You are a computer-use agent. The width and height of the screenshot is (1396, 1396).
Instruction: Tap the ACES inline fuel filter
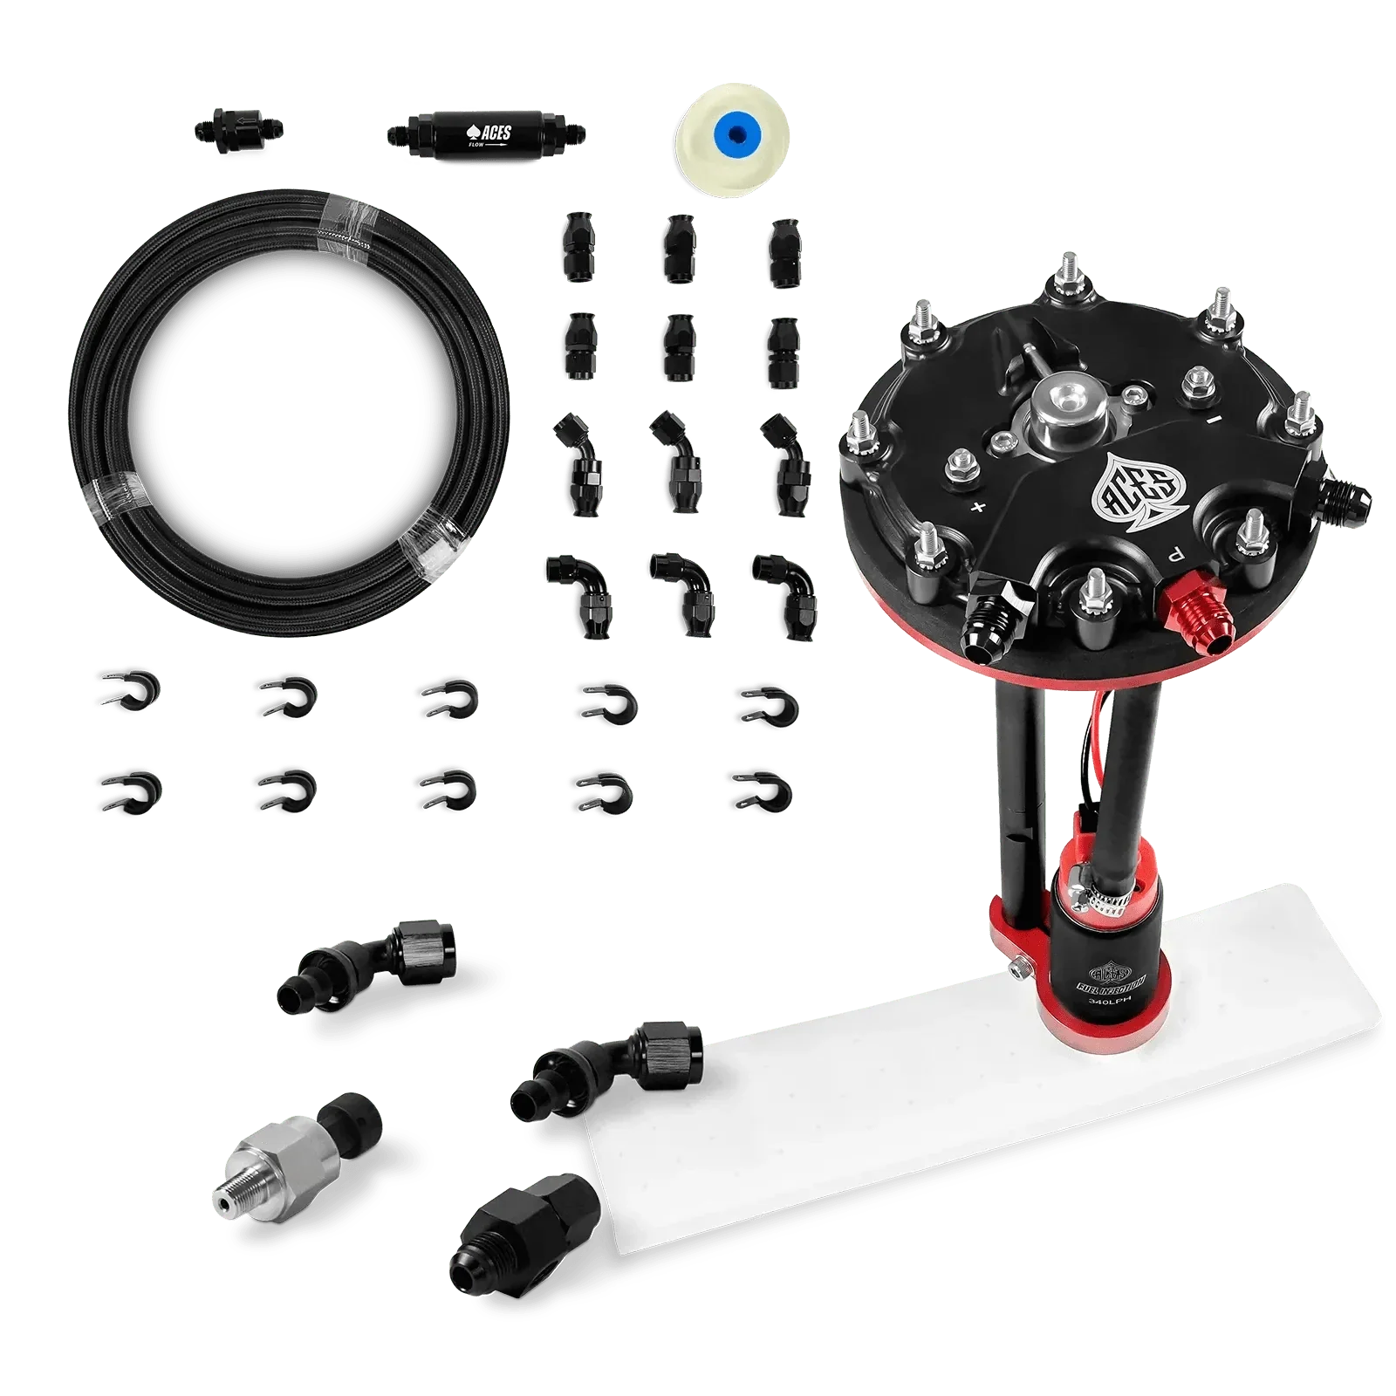[485, 135]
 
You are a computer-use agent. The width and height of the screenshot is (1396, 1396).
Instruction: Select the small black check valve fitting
[236, 135]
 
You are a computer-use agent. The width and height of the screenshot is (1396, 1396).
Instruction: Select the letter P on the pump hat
[1175, 552]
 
